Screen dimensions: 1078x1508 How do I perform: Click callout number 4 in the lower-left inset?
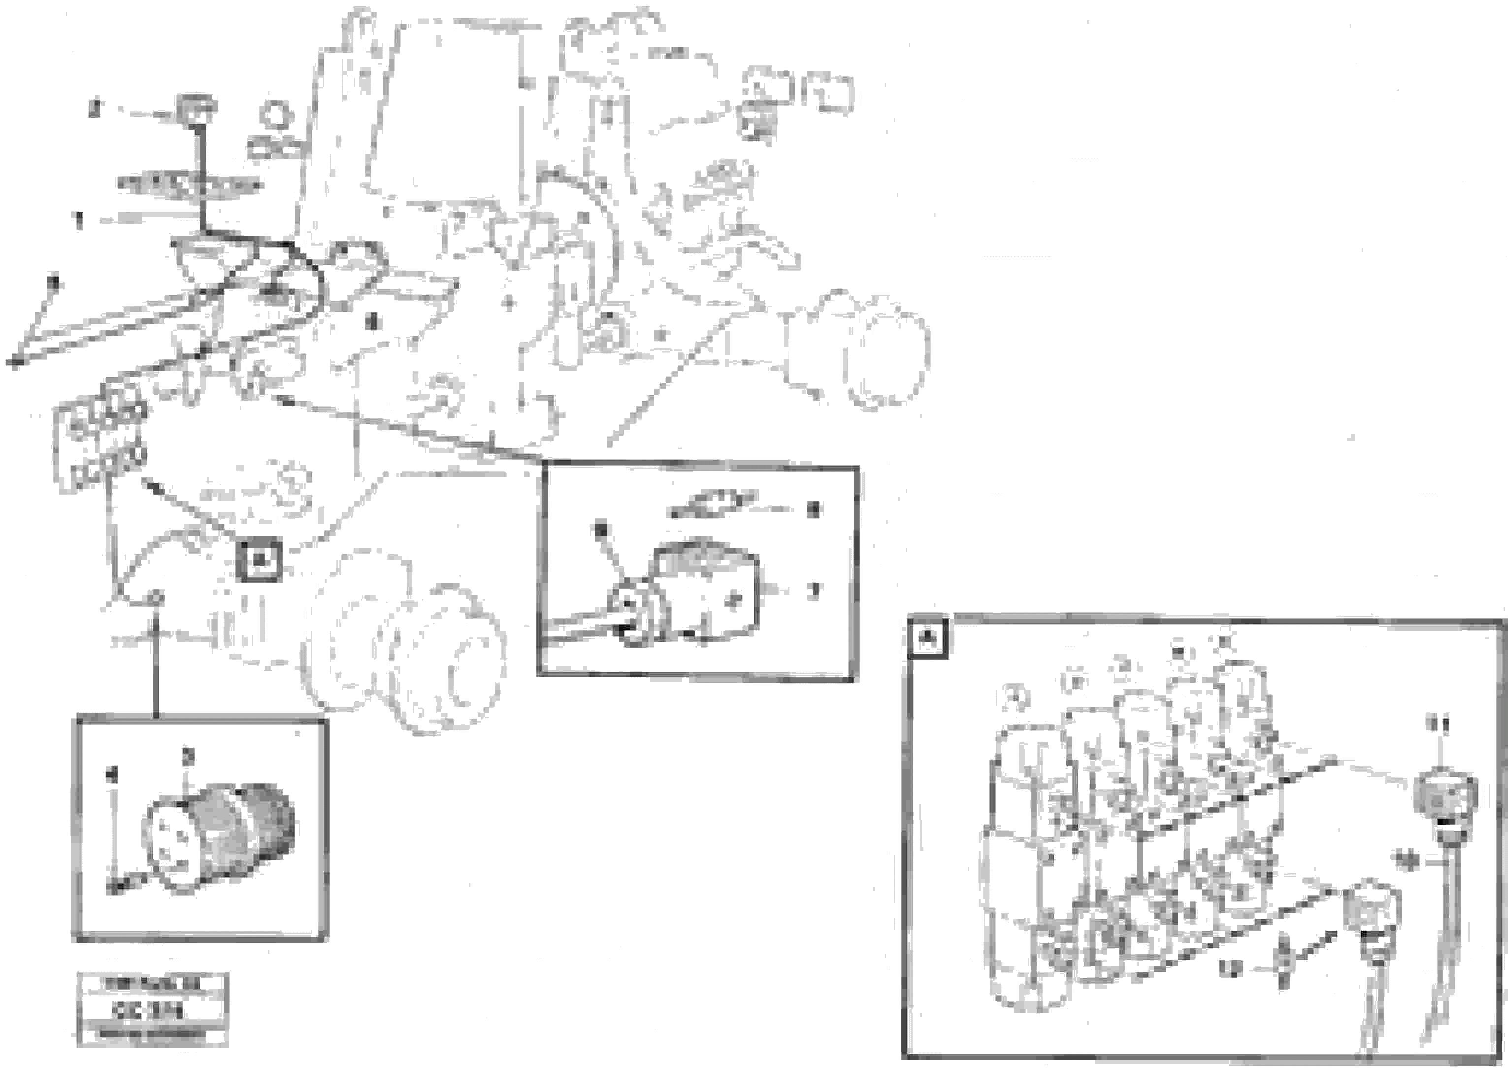(113, 774)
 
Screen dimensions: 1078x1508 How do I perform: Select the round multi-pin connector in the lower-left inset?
(219, 838)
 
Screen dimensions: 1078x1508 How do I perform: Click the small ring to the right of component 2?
(275, 114)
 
